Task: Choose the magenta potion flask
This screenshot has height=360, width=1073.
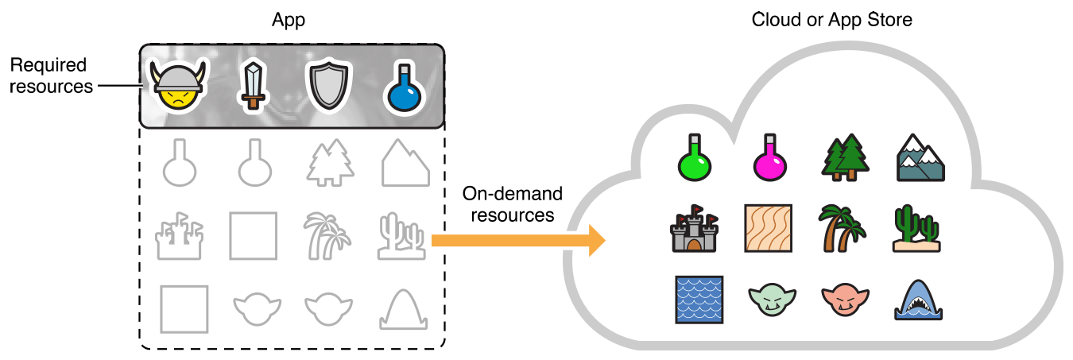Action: (770, 157)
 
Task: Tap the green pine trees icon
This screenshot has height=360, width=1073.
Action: (845, 157)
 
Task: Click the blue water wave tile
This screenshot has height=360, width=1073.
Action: (699, 299)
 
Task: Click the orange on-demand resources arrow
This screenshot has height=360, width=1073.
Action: (517, 239)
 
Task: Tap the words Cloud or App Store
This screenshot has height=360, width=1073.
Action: (831, 19)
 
